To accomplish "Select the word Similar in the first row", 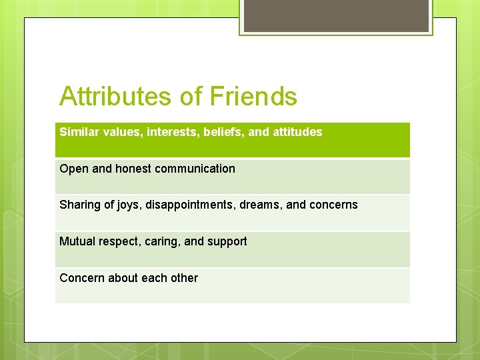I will pyautogui.click(x=77, y=132).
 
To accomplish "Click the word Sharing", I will pyautogui.click(x=79, y=205).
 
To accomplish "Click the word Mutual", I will pyautogui.click(x=77, y=241).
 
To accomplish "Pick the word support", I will pyautogui.click(x=227, y=242).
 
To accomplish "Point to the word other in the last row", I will pyautogui.click(x=184, y=278).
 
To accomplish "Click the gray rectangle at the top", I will pyautogui.click(x=336, y=16).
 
